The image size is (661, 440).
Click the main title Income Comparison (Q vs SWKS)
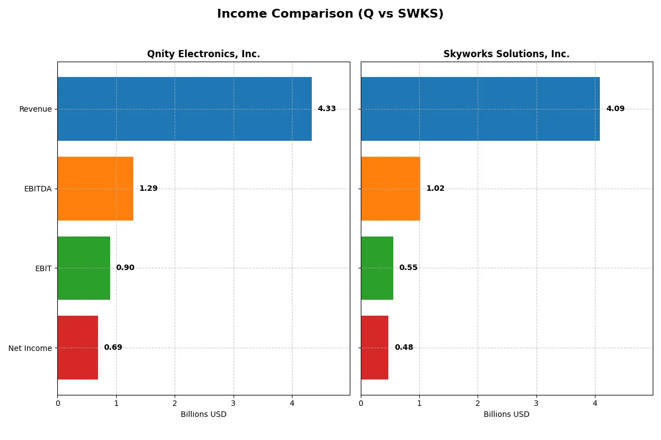330,14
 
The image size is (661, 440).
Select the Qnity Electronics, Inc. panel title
203,54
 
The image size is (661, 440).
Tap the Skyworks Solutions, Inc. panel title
506,54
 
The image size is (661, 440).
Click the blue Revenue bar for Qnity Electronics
185,109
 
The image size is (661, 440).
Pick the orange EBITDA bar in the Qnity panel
95,189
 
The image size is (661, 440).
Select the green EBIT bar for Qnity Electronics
84,268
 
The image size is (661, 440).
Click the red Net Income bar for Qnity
78,348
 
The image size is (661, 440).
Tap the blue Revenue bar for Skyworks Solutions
480,109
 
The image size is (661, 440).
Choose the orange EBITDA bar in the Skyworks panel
391,189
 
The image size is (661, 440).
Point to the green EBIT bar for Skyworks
377,268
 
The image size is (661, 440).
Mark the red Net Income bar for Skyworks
375,348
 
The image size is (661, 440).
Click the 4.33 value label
327,109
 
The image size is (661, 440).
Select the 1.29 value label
148,189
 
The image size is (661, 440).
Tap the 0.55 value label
408,268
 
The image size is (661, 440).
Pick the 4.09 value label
615,109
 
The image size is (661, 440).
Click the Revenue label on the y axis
35,109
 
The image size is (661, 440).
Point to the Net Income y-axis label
30,348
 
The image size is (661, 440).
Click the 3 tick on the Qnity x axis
234,403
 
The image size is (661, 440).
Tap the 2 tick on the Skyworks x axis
478,403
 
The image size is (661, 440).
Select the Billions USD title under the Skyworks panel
506,414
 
